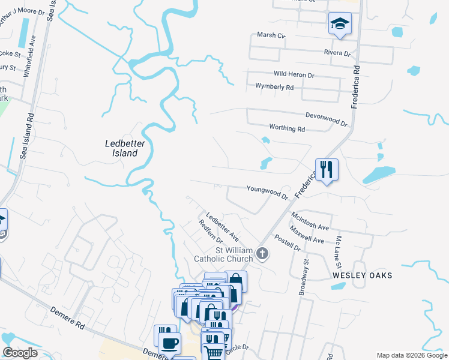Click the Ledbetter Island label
click(121, 148)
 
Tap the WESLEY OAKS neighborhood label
click(363, 275)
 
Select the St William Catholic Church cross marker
click(262, 254)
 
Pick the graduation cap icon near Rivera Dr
click(339, 25)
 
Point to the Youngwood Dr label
click(268, 192)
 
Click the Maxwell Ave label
click(306, 235)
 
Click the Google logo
click(20, 353)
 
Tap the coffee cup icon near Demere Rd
click(169, 343)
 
